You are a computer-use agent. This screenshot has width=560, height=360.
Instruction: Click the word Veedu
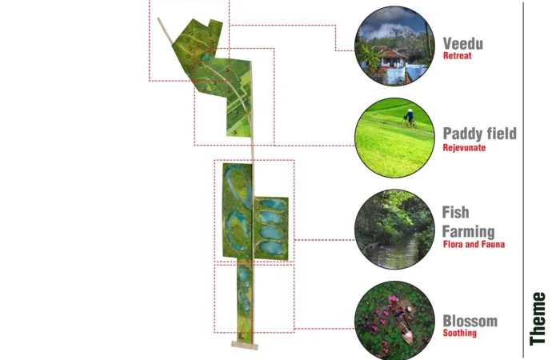tap(463, 43)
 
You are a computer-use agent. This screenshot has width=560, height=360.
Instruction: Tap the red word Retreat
tap(457, 56)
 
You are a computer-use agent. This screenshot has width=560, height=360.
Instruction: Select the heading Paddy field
tap(480, 134)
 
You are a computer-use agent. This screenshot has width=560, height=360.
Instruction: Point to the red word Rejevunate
tap(464, 147)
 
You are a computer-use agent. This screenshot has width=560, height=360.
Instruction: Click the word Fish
tap(455, 212)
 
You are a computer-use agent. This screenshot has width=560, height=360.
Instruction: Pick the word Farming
tap(468, 232)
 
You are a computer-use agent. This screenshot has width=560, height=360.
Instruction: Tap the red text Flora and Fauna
tap(474, 244)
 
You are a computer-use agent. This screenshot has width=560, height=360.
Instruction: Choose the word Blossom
tap(470, 321)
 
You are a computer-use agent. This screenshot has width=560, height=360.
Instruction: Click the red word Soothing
tap(460, 333)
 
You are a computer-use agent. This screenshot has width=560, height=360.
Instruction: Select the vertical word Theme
tap(538, 318)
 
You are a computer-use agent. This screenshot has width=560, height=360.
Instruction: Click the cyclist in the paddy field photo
tap(410, 118)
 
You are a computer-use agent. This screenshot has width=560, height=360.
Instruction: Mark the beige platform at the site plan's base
tap(245, 345)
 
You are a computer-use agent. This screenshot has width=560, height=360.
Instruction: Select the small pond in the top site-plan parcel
tap(206, 57)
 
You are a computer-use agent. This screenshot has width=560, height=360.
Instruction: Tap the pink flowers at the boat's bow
tap(392, 298)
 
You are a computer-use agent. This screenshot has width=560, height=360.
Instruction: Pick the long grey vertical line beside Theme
tap(523, 179)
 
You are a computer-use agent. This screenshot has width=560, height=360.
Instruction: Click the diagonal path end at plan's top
tap(158, 18)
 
